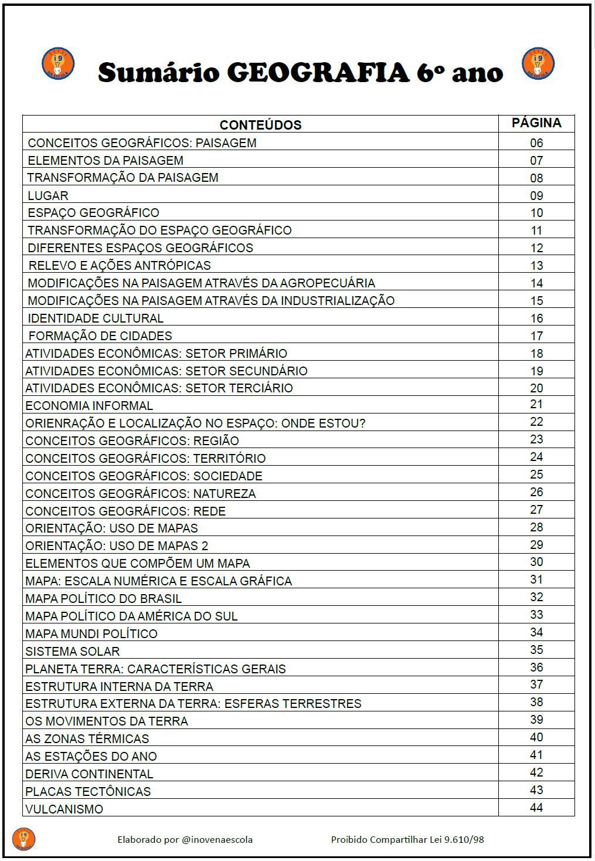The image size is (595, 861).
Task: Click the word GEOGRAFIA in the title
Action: coord(318,73)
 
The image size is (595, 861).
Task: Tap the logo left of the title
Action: coord(58,63)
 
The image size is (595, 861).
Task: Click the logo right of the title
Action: coord(538,63)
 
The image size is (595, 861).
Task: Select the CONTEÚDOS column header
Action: coord(260,125)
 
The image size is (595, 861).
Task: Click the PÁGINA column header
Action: coord(536,123)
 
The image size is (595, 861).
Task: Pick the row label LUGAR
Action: coord(48,195)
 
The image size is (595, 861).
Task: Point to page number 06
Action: coord(536,143)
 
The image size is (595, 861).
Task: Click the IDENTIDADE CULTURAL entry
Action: coord(96,318)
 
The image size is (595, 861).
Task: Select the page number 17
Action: coord(536,336)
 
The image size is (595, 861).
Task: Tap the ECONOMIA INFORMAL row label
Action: coord(89,406)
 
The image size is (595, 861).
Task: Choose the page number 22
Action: coord(536,422)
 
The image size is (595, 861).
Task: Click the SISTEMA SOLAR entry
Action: coord(72,651)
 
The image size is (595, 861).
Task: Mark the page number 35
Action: coord(536,650)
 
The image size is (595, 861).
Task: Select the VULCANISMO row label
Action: coord(64,809)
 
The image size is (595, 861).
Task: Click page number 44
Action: coord(536,808)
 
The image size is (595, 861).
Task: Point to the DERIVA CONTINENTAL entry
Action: coord(89,774)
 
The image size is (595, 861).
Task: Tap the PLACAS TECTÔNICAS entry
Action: coord(88,792)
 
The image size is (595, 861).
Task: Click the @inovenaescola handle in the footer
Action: coord(217,839)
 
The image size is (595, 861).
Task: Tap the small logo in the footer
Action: coord(23,839)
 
